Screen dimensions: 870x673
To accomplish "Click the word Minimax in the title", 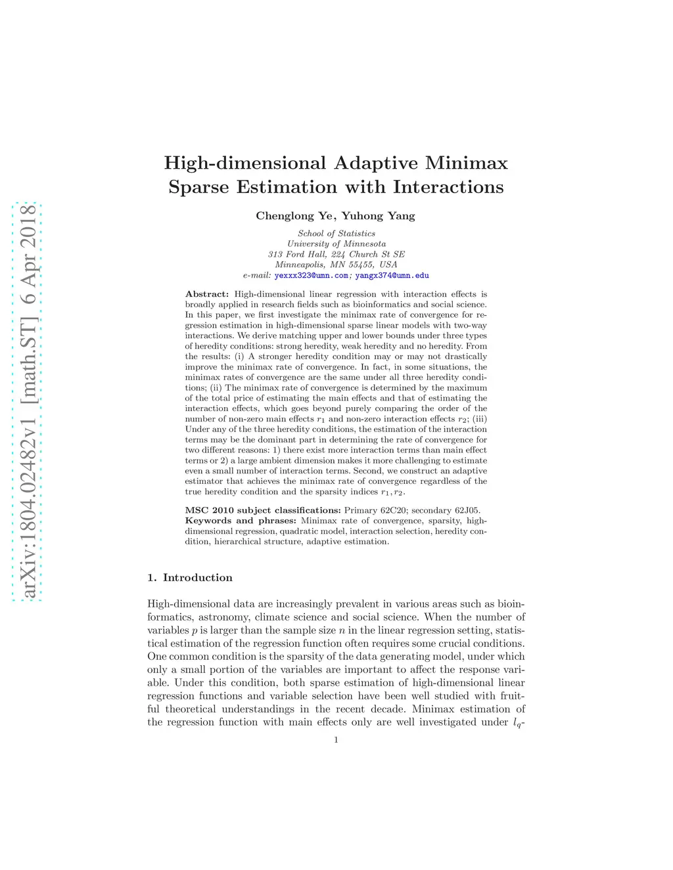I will [467, 163].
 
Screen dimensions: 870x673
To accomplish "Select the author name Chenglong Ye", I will [294, 216].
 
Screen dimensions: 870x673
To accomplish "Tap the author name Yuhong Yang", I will [378, 216].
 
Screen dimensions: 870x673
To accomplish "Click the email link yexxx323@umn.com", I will [312, 276].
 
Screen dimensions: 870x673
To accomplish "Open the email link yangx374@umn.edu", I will [392, 276].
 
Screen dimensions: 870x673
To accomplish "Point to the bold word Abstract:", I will [207, 294].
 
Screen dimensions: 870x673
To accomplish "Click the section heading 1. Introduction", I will [190, 578].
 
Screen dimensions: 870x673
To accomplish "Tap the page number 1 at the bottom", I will [336, 740].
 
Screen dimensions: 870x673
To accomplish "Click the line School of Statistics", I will [336, 234].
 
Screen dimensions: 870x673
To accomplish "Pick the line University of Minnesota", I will [336, 244].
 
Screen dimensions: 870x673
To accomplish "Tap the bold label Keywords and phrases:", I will [241, 521].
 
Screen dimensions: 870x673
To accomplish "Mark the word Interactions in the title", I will [448, 187].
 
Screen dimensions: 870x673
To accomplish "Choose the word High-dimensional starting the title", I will [245, 163].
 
